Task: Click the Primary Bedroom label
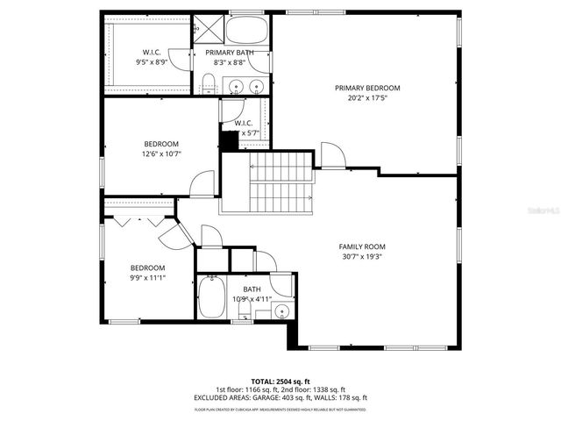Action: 367,88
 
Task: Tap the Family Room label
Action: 362,247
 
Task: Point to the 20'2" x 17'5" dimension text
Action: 367,98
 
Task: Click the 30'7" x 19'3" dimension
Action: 362,258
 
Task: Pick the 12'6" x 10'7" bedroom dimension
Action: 161,155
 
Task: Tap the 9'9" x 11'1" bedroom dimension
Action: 148,278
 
